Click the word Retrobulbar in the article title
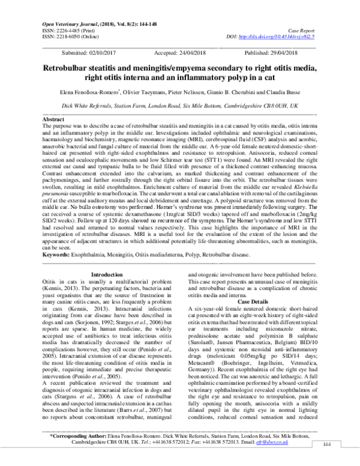(x=73, y=69)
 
